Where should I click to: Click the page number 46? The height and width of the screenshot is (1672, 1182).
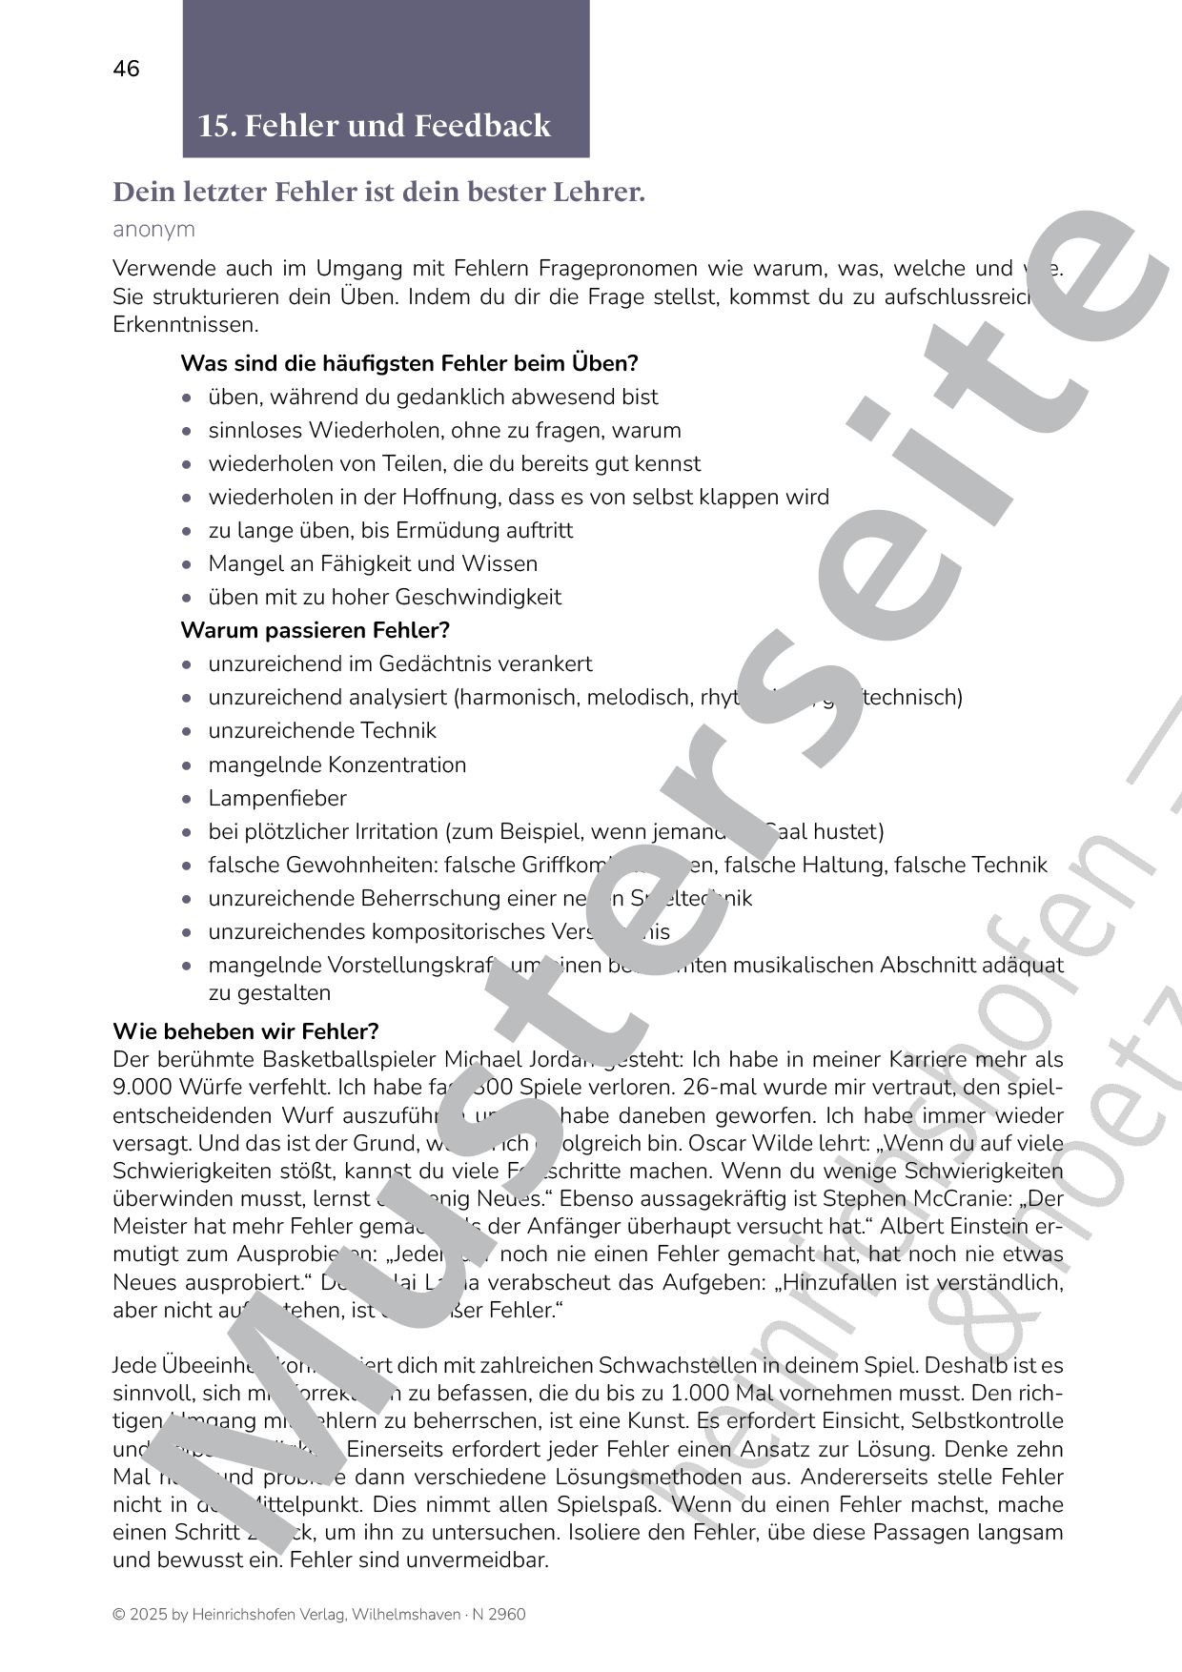126,69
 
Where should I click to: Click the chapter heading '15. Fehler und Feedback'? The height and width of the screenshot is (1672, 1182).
374,126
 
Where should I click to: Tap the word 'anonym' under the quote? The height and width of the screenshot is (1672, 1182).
153,230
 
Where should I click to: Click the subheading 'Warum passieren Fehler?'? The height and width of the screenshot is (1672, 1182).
315,631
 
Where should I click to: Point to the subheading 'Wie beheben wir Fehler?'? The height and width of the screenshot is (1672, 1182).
246,1031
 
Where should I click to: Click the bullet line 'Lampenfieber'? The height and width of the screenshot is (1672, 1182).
277,799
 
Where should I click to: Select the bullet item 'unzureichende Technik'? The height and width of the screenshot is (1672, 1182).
322,731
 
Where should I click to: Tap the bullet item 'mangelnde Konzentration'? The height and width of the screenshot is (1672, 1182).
337,765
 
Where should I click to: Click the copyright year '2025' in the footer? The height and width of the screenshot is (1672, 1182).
149,1615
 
